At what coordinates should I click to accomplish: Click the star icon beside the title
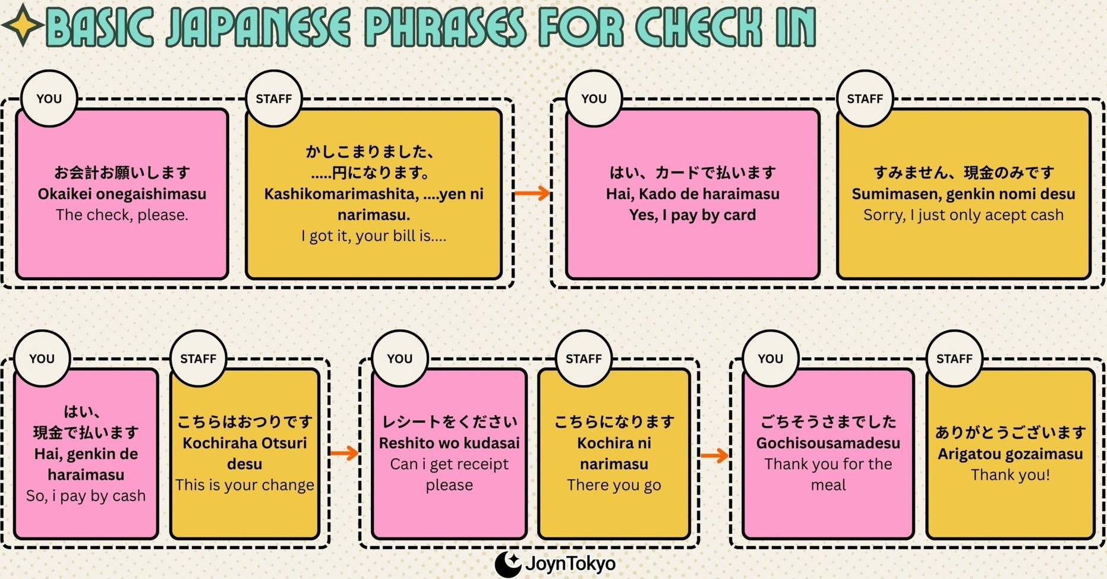[x=23, y=24]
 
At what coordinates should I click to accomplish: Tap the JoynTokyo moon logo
[x=507, y=564]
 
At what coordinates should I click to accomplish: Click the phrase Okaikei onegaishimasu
[x=122, y=194]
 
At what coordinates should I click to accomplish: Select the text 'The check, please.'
[x=122, y=215]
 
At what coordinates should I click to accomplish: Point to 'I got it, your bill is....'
[x=373, y=236]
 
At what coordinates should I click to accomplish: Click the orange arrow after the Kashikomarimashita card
[x=532, y=193]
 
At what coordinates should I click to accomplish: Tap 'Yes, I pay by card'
[x=692, y=215]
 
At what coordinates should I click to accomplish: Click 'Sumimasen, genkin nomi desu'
[x=963, y=194]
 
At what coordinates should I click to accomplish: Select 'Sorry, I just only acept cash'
[x=963, y=215]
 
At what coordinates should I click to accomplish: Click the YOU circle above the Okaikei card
[x=49, y=99]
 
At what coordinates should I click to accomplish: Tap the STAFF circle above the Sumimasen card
[x=865, y=99]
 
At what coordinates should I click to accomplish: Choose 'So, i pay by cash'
[x=86, y=496]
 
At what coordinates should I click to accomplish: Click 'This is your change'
[x=244, y=485]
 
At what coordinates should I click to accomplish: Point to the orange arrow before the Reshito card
[x=344, y=453]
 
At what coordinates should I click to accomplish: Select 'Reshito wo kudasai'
[x=449, y=443]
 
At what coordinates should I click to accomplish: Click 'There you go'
[x=614, y=485]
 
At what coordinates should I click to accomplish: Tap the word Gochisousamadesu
[x=828, y=443]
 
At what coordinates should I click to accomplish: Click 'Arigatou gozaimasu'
[x=1010, y=454]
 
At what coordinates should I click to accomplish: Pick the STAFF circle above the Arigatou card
[x=954, y=358]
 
